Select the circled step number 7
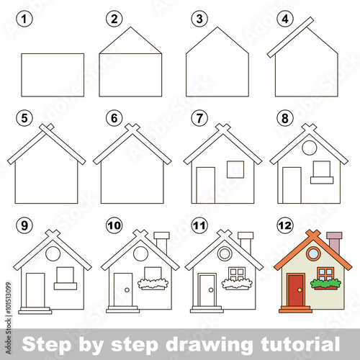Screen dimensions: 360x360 [199, 117]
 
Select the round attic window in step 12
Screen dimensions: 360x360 [312, 253]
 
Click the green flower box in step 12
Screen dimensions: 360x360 [326, 284]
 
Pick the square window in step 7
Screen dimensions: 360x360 [235, 169]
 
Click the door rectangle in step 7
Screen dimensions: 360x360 [206, 185]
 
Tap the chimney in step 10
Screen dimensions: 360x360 [161, 243]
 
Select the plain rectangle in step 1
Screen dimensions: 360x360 [53, 75]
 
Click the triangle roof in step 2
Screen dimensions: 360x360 [130, 43]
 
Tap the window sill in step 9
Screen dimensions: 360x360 [65, 286]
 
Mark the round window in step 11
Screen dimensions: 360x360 [225, 253]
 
